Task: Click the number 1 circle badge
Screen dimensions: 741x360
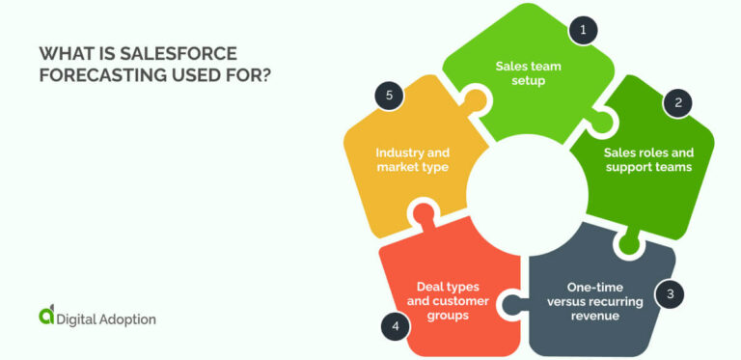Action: [x=582, y=31]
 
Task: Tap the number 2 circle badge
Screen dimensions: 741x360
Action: [x=678, y=103]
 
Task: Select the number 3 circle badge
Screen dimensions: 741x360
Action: [x=669, y=293]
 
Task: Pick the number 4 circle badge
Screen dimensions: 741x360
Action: [x=395, y=326]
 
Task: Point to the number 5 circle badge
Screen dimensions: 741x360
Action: [x=389, y=95]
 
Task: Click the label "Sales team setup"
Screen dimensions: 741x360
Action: [x=529, y=73]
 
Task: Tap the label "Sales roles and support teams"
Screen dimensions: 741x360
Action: [x=648, y=159]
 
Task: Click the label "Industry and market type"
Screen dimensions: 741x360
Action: [x=413, y=159]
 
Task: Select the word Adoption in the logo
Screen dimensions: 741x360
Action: [x=123, y=318]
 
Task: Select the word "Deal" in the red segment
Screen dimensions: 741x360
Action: [x=433, y=287]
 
